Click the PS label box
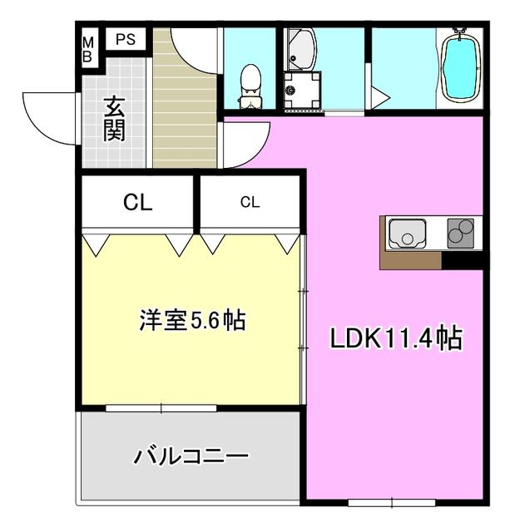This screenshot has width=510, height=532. pos(126,39)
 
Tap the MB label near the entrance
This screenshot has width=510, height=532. pos(87,50)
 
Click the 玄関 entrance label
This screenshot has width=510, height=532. pos(115,119)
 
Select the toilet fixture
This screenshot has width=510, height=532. pos(250,87)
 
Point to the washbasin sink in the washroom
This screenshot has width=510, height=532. pos(302,50)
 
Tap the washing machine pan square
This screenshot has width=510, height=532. pos(303,91)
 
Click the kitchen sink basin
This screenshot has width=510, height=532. pos(407,234)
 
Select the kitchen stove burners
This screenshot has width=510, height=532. pos(460,233)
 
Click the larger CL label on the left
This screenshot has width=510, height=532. pos(137,203)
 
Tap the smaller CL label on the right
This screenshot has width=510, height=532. pos(250,202)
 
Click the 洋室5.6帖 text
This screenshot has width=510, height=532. pos(192,319)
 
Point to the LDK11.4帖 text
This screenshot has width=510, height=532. pos(396,338)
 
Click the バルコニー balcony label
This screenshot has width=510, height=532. pos(191,456)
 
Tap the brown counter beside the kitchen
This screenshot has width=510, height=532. pos(411,260)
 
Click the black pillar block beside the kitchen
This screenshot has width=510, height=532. pos(463,260)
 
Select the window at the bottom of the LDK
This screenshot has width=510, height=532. pos(392,502)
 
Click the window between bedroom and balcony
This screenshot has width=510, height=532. pos(161,408)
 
